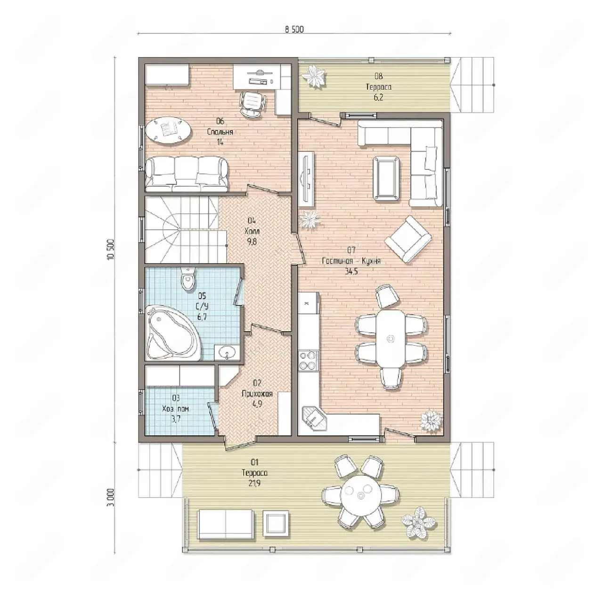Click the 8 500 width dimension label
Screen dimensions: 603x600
click(294, 29)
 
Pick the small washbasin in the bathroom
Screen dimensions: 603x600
click(227, 352)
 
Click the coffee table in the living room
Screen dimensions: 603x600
click(386, 178)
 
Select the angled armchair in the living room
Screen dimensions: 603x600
click(408, 239)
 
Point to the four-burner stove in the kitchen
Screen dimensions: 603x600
click(308, 361)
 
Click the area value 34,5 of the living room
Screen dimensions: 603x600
click(351, 272)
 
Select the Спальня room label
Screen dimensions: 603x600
click(220, 132)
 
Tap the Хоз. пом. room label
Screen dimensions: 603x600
click(176, 409)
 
